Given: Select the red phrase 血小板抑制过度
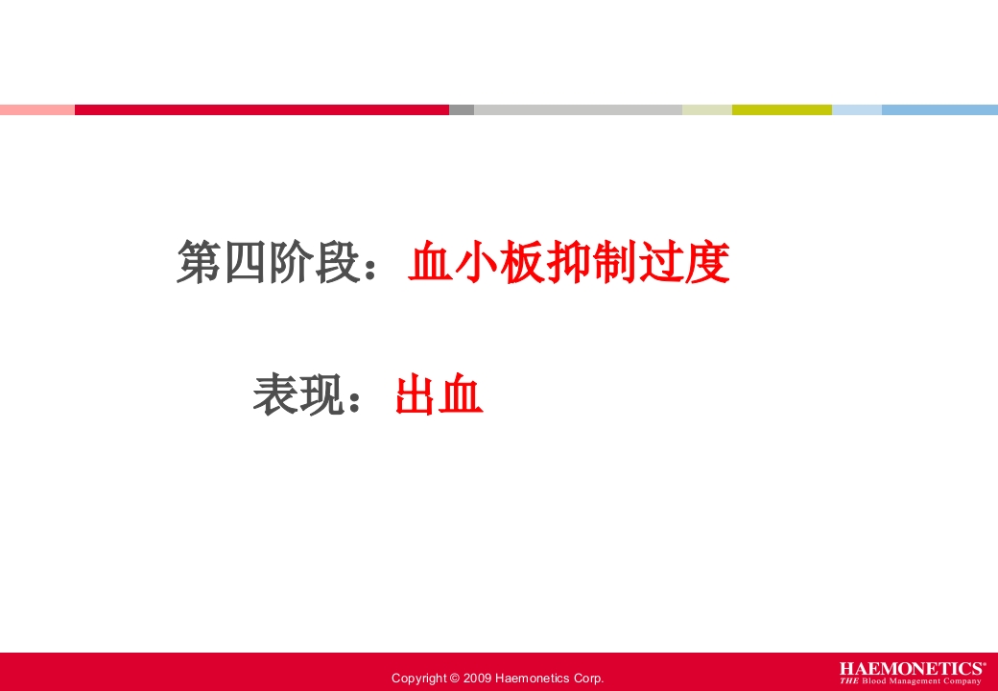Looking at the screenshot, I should (x=568, y=263).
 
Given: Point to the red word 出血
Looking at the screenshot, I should (x=439, y=395).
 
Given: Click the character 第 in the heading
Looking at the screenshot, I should (x=198, y=263).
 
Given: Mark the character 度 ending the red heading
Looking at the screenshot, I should (x=708, y=263).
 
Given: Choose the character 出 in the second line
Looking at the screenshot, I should (x=416, y=395).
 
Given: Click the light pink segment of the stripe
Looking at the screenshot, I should (x=36, y=109).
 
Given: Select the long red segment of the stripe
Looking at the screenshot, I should (x=261, y=109).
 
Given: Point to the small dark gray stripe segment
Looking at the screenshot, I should (x=462, y=109).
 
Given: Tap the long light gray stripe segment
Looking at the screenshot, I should (x=578, y=109).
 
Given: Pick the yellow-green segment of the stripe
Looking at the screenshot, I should (x=781, y=109).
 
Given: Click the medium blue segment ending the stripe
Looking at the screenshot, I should (x=939, y=109).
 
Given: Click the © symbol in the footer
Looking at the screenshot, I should (x=454, y=679).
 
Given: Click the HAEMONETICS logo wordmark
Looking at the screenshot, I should (x=911, y=668).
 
